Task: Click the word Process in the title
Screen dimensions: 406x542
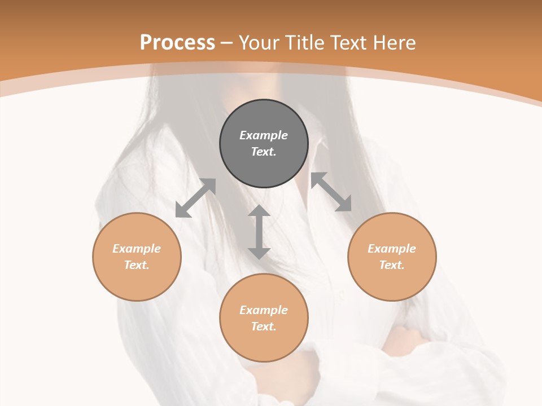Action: coord(177,43)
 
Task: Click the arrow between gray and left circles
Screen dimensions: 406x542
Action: coord(195,198)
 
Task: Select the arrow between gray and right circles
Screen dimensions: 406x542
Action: coord(331,192)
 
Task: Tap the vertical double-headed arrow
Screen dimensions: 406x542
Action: coord(259,232)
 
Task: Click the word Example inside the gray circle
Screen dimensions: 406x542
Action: coord(264,135)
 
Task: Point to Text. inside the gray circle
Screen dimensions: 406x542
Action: coord(264,152)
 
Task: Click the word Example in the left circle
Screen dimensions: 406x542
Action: coord(137,249)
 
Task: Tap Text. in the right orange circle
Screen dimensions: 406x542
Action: coord(392,265)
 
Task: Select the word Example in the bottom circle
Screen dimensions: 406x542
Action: coord(264,310)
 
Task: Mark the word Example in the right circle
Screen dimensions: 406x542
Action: coord(392,249)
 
